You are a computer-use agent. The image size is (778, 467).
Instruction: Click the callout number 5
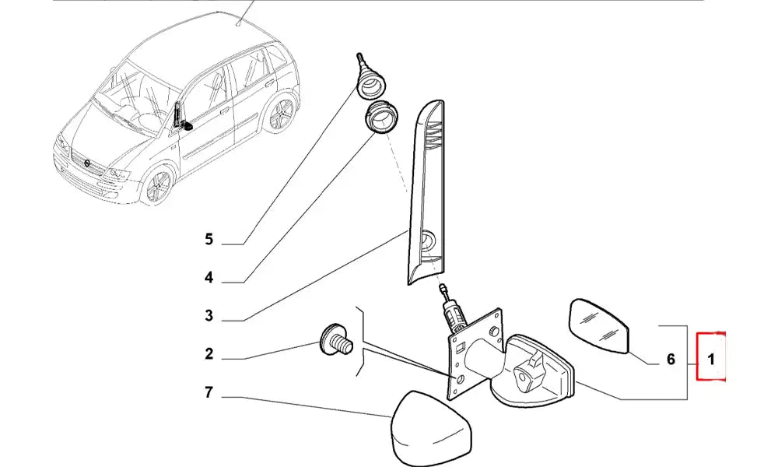(209, 239)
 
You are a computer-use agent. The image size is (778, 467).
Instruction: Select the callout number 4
(209, 277)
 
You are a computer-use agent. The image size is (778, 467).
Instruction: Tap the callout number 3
(209, 315)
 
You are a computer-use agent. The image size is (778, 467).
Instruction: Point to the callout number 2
(209, 355)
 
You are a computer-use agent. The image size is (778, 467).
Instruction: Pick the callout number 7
(209, 393)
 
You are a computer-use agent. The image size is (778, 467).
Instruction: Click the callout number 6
(671, 360)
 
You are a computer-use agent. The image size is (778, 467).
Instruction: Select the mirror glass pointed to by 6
(601, 325)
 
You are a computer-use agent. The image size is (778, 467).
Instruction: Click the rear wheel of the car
(281, 116)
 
